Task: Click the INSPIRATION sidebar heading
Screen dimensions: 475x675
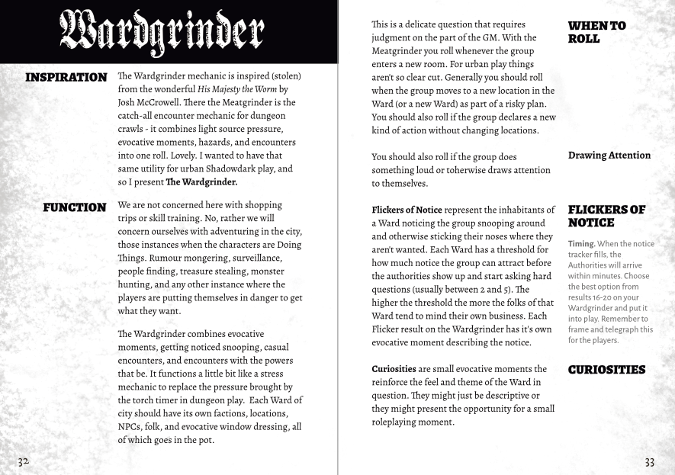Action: coord(66,78)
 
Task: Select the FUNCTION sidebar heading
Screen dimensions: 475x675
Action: coord(75,207)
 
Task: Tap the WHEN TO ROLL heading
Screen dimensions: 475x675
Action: coord(596,32)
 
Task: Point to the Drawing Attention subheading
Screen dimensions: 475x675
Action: coord(609,156)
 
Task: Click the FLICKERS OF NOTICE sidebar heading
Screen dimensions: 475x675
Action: coord(606,216)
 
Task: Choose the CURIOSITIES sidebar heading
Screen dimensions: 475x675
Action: coord(606,370)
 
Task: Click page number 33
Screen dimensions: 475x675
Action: coord(649,462)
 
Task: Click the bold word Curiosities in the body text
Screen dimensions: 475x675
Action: coord(394,369)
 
